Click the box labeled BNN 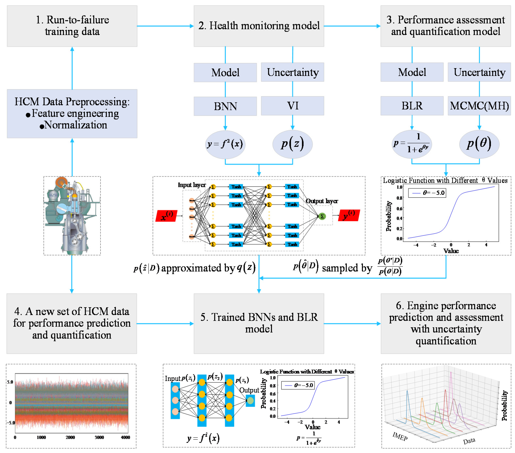pyautogui.click(x=225, y=106)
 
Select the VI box pyautogui.click(x=292, y=106)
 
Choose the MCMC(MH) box pyautogui.click(x=479, y=106)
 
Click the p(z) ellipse pyautogui.click(x=292, y=144)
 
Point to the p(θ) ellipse pyautogui.click(x=479, y=144)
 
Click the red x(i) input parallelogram pyautogui.click(x=166, y=216)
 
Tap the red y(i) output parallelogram pyautogui.click(x=349, y=215)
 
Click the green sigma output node pyautogui.click(x=322, y=216)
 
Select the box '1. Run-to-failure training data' pyautogui.click(x=72, y=26)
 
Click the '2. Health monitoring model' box pyautogui.click(x=259, y=26)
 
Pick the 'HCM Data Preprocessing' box pyautogui.click(x=72, y=113)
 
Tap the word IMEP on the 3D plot pyautogui.click(x=400, y=436)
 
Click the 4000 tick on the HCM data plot pyautogui.click(x=125, y=437)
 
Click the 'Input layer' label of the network pyautogui.click(x=192, y=185)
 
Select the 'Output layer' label pyautogui.click(x=322, y=201)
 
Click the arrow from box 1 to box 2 pyautogui.click(x=165, y=26)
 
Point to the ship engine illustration pyautogui.click(x=72, y=216)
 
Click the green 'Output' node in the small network pyautogui.click(x=250, y=400)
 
